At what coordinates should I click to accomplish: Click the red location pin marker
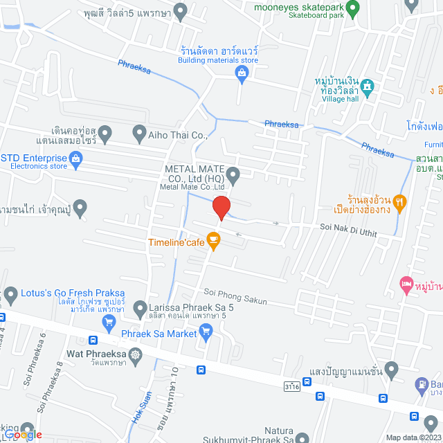tap(221, 208)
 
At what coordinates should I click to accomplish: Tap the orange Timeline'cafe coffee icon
tap(213, 242)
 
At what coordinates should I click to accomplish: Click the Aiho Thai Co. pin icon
tap(138, 132)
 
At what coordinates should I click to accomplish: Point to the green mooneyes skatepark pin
tap(352, 10)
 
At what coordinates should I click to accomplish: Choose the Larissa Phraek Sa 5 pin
tap(141, 307)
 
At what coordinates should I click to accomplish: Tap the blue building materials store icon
tap(242, 74)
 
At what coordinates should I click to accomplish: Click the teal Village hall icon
tap(368, 87)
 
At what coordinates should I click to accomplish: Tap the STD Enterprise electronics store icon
tap(76, 161)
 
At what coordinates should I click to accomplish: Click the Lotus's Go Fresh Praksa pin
tap(10, 295)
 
